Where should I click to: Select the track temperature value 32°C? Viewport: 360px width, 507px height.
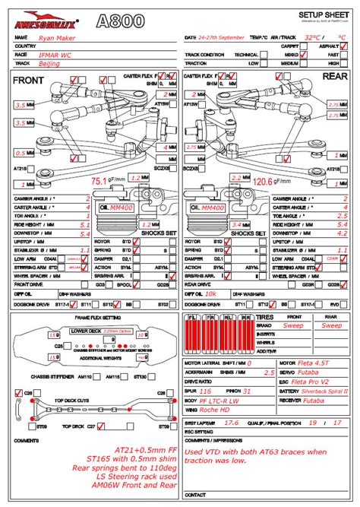[x=311, y=36]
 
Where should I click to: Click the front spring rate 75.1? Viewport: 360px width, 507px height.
[x=99, y=181]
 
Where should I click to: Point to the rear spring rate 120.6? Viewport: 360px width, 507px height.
[x=263, y=182]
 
